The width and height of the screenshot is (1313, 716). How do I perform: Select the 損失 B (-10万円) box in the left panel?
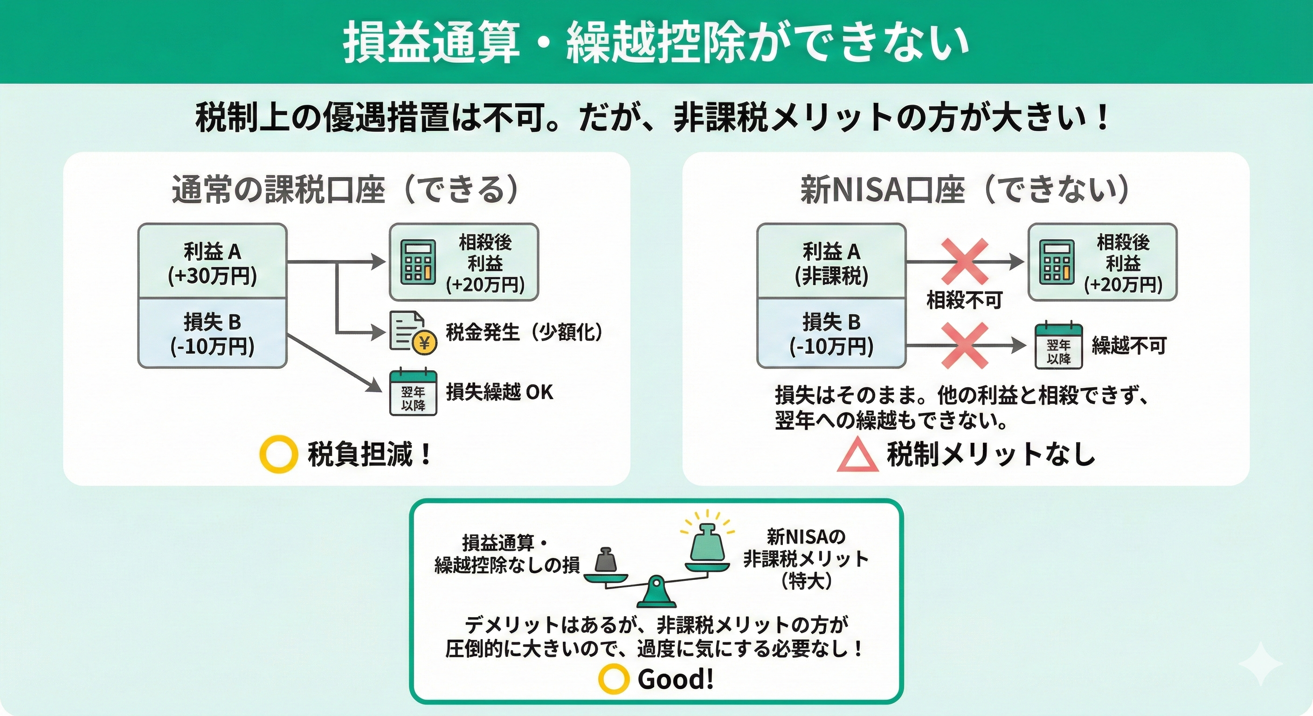point(212,333)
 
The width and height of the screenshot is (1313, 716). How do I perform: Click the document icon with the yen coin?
point(412,332)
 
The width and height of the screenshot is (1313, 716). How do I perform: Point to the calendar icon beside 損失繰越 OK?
point(413,392)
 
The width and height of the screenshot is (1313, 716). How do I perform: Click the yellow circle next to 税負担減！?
point(278,454)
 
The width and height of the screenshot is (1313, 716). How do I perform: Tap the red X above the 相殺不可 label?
point(964,262)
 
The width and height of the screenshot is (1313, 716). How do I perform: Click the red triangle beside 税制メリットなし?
point(857,455)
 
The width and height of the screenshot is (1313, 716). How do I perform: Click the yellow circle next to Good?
point(614,678)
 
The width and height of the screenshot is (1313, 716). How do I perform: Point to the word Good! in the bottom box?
point(675,679)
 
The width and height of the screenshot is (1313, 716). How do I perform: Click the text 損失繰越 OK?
point(499,392)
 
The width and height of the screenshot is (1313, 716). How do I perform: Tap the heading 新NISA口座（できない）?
point(965,190)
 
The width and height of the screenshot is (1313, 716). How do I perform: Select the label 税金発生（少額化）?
point(524,332)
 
